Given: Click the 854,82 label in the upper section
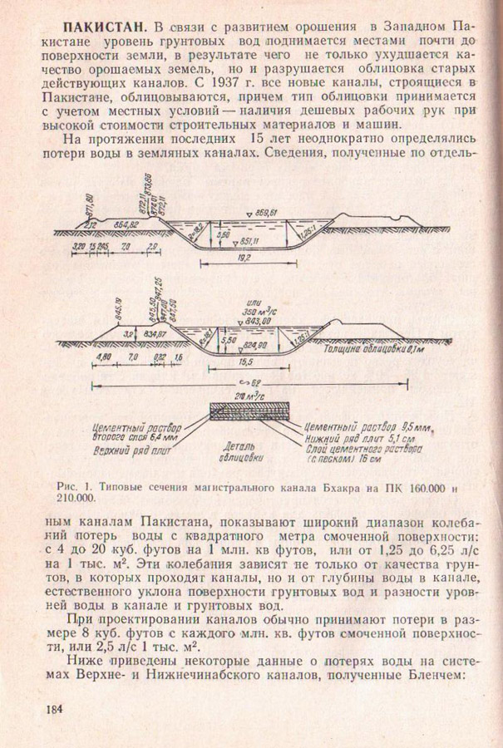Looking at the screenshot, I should [126, 225].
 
